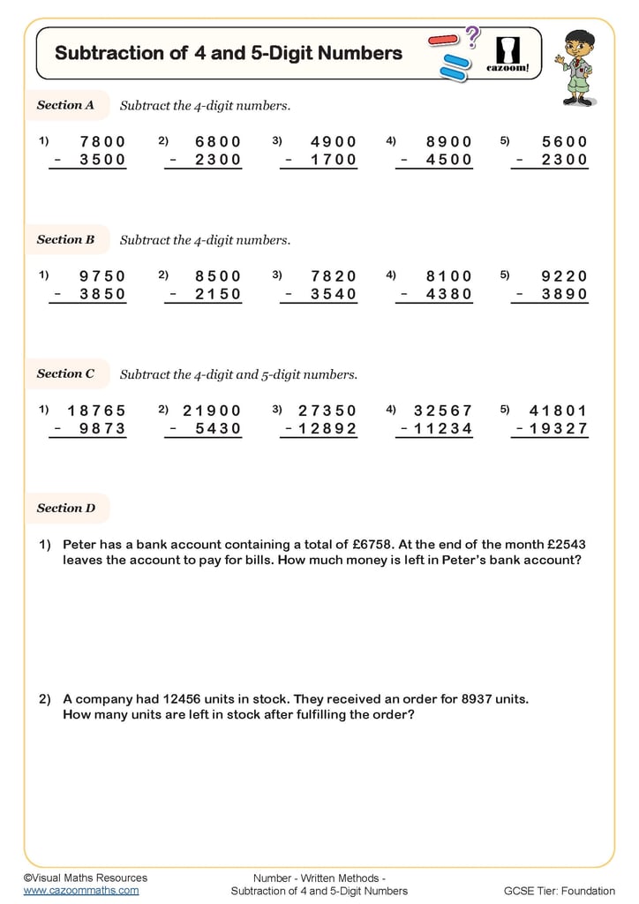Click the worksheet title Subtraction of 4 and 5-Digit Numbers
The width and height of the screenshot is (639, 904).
[x=228, y=53]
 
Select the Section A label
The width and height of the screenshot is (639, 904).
[x=65, y=105]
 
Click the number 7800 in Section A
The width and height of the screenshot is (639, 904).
[x=102, y=141]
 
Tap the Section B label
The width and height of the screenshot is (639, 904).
[x=65, y=239]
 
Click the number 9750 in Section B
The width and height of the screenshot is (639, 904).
[x=102, y=275]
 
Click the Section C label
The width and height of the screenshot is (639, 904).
[x=65, y=373]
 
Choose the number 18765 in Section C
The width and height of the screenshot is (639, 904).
[x=96, y=410]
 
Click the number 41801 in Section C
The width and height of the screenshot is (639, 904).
[x=558, y=410]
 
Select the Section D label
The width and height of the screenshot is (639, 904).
[x=65, y=508]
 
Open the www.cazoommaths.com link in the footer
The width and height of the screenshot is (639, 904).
[x=81, y=891]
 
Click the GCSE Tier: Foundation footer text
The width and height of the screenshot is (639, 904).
[x=559, y=891]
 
